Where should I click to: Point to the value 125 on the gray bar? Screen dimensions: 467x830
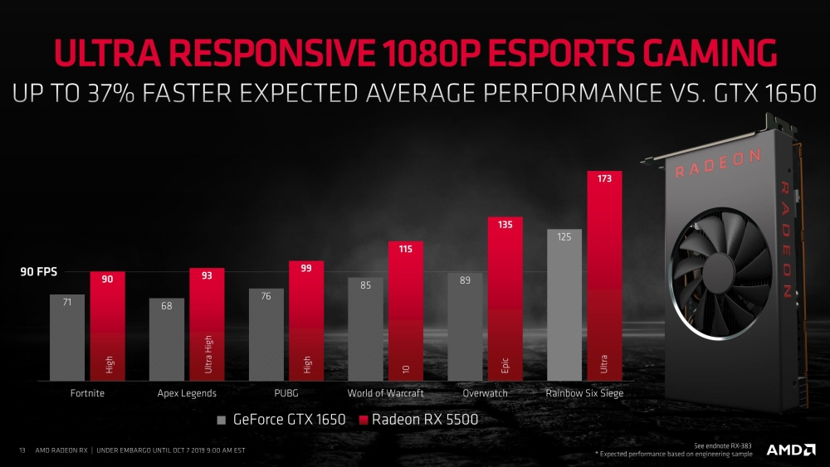tap(564, 237)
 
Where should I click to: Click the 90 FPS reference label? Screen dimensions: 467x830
tap(39, 272)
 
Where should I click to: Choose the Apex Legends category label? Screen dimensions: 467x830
tap(187, 393)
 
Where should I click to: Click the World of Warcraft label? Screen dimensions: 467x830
tap(385, 393)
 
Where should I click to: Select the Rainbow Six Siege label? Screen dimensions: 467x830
tap(583, 393)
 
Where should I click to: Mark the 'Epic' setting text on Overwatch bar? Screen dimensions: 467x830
tap(505, 364)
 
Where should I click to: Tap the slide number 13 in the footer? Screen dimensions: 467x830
tap(22, 450)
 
